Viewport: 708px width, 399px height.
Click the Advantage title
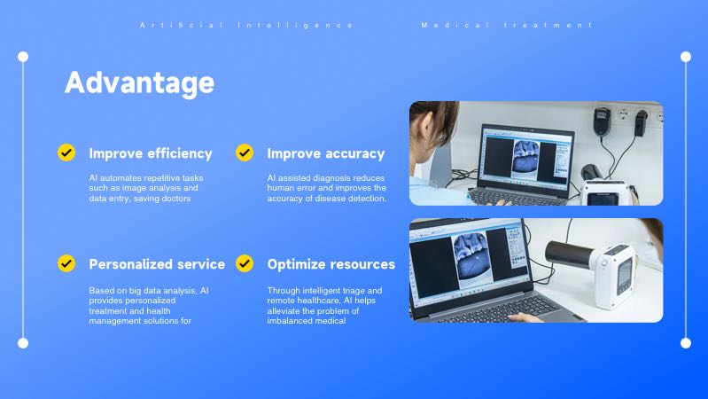pos(139,82)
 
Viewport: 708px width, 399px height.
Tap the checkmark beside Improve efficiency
pos(66,153)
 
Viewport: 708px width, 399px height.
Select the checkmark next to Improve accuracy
pos(245,153)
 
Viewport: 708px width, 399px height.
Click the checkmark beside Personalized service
pos(66,263)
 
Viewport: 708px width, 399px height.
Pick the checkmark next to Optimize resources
pos(245,263)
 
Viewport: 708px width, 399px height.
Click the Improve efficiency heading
pos(151,153)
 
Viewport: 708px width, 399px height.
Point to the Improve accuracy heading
pos(326,153)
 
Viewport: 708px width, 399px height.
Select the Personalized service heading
pos(157,264)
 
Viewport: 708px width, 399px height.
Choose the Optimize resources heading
pos(331,264)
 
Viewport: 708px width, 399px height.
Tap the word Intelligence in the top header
pos(296,25)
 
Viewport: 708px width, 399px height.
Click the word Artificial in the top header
pos(182,25)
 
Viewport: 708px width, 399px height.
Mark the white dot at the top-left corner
pos(23,57)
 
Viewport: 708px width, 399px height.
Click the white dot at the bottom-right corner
pos(685,342)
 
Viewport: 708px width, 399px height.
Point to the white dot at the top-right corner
pos(685,57)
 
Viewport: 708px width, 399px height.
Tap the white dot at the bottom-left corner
pos(23,342)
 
